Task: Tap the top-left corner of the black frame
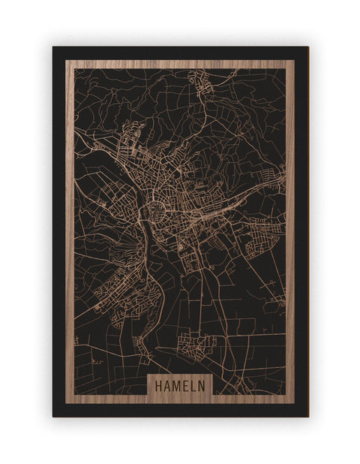tap(53, 47)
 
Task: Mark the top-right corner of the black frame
tap(307, 47)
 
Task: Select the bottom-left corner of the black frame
tap(53, 416)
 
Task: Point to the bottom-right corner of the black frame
tap(307, 416)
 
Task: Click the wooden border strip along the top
tap(180, 65)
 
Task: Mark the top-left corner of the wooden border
tap(66, 61)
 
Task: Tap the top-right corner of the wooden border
tap(295, 61)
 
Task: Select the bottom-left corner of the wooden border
tap(66, 402)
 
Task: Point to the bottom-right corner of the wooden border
tap(295, 402)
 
